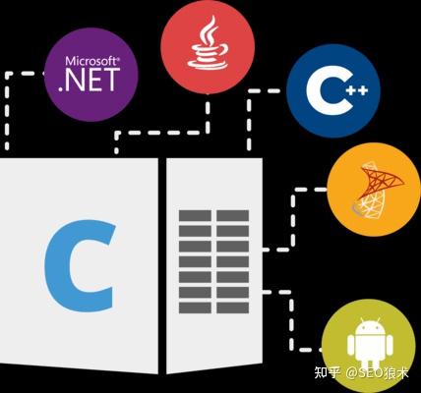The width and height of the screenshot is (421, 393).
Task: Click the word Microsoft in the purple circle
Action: pos(92,61)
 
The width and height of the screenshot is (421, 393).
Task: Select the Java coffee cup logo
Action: pos(208,42)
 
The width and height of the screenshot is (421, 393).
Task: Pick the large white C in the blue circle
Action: pos(328,90)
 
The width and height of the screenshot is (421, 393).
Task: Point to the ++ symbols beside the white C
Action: pos(358,90)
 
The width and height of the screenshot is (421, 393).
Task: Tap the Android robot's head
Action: pos(370,326)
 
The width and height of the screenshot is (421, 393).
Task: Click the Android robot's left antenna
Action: pos(362,320)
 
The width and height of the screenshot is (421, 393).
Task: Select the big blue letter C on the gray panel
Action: pos(79,266)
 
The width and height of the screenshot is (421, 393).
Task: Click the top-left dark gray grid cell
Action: pos(195,216)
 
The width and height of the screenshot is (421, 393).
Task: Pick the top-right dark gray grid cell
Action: pos(232,216)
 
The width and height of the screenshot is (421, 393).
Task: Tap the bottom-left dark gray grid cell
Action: pos(195,308)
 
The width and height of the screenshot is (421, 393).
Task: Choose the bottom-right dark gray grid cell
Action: pos(232,308)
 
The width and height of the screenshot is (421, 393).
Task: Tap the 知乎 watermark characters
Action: pos(327,372)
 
